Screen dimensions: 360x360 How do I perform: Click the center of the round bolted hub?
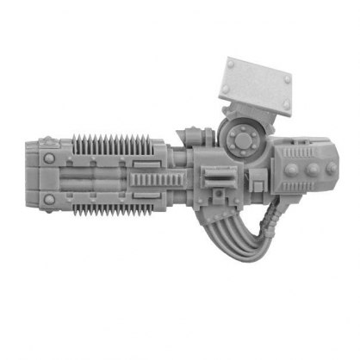(x=243, y=137)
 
